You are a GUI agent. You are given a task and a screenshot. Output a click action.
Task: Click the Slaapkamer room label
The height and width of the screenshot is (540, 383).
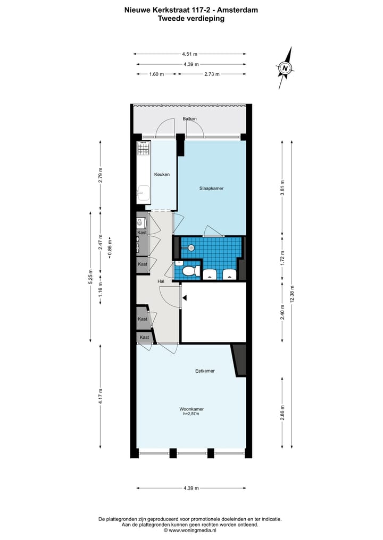[212, 188]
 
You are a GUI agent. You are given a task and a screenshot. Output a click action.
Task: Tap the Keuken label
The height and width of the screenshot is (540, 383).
[162, 175]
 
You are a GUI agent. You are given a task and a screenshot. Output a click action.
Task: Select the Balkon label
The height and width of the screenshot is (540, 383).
[190, 118]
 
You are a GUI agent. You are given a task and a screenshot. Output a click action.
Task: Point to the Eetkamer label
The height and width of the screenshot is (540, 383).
[205, 371]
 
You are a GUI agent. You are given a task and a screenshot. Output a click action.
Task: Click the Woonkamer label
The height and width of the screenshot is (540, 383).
[191, 409]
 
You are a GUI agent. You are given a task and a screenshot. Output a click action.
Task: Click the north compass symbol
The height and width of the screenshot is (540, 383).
[286, 67]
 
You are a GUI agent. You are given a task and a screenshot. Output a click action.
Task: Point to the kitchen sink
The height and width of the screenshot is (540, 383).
[143, 191]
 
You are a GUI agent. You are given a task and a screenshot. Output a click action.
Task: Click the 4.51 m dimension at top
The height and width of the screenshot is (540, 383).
[189, 54]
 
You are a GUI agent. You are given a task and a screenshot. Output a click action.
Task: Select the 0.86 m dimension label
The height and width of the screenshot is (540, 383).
[110, 247]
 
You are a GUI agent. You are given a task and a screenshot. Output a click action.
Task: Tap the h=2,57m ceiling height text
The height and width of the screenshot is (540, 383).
[191, 414]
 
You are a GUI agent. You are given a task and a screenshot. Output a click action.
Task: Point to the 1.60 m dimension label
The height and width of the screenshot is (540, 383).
[156, 74]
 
